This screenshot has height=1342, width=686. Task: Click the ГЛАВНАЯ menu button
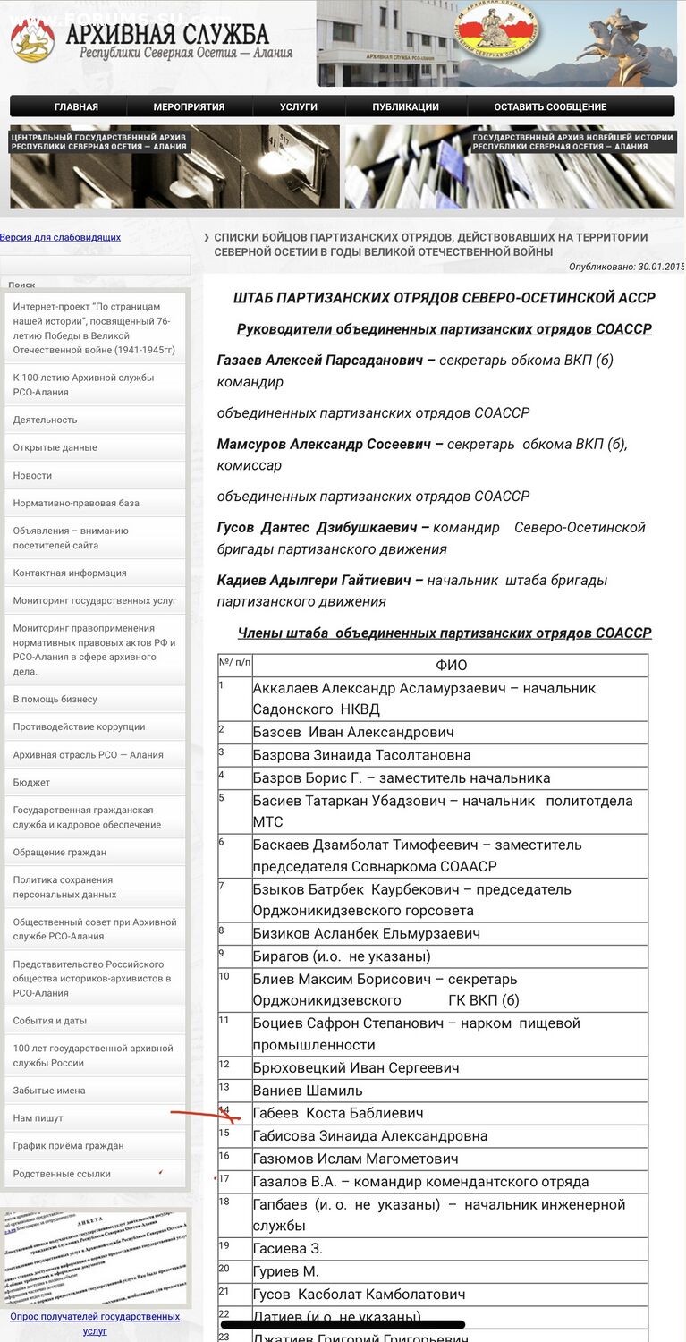tap(76, 106)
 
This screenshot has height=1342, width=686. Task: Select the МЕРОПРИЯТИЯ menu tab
tap(189, 106)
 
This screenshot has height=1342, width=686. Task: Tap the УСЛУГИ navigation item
tap(299, 106)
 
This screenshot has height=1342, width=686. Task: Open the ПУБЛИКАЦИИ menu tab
tap(405, 106)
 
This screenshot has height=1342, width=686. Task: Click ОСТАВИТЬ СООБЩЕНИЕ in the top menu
tap(550, 106)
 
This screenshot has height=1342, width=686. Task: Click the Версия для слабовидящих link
tap(60, 237)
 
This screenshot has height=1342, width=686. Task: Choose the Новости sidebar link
tap(32, 475)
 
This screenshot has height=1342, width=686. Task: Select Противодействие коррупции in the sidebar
tap(79, 726)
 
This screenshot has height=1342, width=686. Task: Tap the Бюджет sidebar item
tap(31, 782)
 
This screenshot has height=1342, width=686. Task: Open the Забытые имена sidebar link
tap(49, 1090)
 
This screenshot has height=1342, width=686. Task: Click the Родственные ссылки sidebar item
tap(62, 1173)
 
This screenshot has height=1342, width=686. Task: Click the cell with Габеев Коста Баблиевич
tap(338, 1113)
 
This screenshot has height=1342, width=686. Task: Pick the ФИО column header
tap(451, 665)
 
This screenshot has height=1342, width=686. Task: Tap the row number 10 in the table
tap(224, 976)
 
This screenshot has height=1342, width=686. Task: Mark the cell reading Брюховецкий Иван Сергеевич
tap(356, 1067)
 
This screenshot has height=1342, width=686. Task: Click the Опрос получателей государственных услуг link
tap(95, 1323)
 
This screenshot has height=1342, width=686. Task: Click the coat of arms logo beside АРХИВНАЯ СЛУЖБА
tap(33, 41)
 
